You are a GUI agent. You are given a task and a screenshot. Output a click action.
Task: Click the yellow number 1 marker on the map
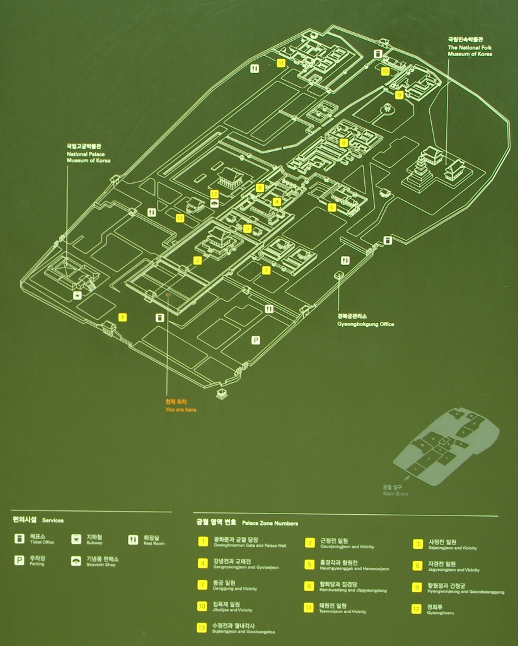[122, 317]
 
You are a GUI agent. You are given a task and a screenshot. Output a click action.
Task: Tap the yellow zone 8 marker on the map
[343, 143]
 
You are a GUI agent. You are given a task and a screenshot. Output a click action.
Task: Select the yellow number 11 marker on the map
[281, 62]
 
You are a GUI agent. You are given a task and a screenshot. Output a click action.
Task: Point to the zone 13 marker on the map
[180, 218]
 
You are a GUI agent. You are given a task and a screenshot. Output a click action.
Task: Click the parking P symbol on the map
[256, 340]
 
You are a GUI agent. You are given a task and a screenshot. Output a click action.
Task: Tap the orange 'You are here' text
[181, 409]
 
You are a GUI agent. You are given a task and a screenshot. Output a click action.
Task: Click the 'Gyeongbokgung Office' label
[365, 324]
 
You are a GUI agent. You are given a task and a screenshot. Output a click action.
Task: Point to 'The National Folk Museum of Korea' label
[470, 51]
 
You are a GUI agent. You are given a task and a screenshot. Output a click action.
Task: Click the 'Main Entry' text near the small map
[396, 493]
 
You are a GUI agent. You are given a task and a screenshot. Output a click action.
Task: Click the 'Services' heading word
[53, 521]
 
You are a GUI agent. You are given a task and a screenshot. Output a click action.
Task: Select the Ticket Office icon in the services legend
[20, 539]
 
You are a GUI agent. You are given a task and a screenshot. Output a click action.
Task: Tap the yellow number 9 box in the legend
[417, 587]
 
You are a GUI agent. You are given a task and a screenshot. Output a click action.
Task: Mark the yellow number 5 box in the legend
[309, 565]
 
